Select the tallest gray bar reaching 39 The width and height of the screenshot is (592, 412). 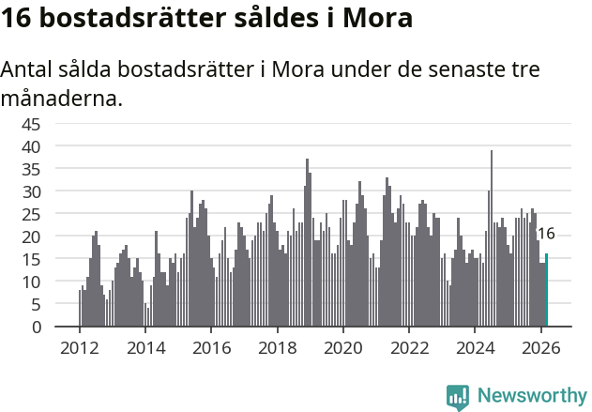pos(491,239)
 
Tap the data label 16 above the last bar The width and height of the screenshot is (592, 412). pos(545,235)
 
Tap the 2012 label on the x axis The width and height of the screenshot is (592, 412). pos(79,346)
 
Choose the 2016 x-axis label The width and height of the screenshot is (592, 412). pos(211,346)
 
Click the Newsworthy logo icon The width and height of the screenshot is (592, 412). pos(458,397)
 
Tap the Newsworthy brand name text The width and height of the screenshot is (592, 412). pos(531,396)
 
